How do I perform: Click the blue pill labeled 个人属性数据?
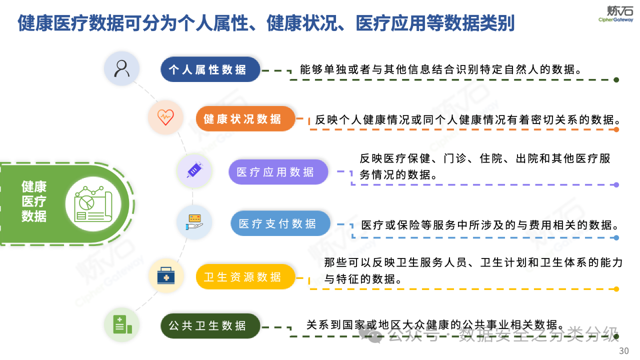210,69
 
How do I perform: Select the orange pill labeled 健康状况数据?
245,118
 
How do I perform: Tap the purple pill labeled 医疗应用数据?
278,172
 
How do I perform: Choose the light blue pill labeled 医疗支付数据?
280,223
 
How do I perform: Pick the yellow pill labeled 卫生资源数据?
245,276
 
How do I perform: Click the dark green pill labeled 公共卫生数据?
210,326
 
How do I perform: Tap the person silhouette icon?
121,68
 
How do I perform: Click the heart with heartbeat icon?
165,117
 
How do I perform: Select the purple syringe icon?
194,171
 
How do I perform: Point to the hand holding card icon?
194,221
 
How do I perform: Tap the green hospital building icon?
122,324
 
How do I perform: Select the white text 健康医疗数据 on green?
34,201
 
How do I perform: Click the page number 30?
623,350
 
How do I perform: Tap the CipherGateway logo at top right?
615,13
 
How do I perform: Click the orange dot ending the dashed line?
616,129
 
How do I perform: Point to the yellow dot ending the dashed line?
616,289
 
